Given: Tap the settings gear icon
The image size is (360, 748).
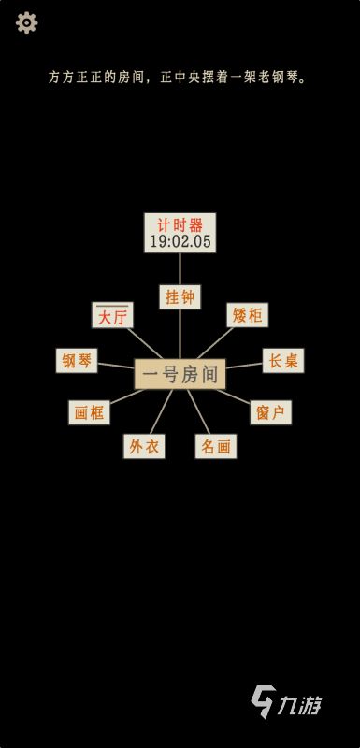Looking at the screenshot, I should click(x=27, y=22).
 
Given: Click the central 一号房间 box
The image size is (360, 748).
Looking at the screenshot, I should click(x=180, y=375).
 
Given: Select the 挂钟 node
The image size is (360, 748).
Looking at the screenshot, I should click(x=180, y=296).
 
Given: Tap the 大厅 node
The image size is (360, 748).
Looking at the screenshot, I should click(x=112, y=316).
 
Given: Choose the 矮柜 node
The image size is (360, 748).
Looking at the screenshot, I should click(x=247, y=316).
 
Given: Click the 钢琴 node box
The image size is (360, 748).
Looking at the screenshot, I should click(x=78, y=361).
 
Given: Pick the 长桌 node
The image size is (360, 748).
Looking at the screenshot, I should click(x=283, y=361).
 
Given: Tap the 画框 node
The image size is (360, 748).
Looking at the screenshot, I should click(x=91, y=411).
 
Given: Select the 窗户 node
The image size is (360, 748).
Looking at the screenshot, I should click(x=269, y=411).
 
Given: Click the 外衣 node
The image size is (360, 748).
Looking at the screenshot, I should click(x=143, y=447).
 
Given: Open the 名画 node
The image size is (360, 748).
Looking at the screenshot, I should click(x=215, y=447).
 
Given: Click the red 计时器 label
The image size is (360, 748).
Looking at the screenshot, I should click(x=180, y=224).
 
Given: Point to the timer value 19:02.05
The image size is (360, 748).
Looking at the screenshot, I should click(x=180, y=241).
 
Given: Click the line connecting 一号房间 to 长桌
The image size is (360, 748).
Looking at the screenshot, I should click(x=244, y=367).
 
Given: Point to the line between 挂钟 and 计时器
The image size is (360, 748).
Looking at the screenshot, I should click(x=180, y=268).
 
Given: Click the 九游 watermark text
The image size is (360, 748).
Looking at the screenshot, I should click(x=305, y=701).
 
